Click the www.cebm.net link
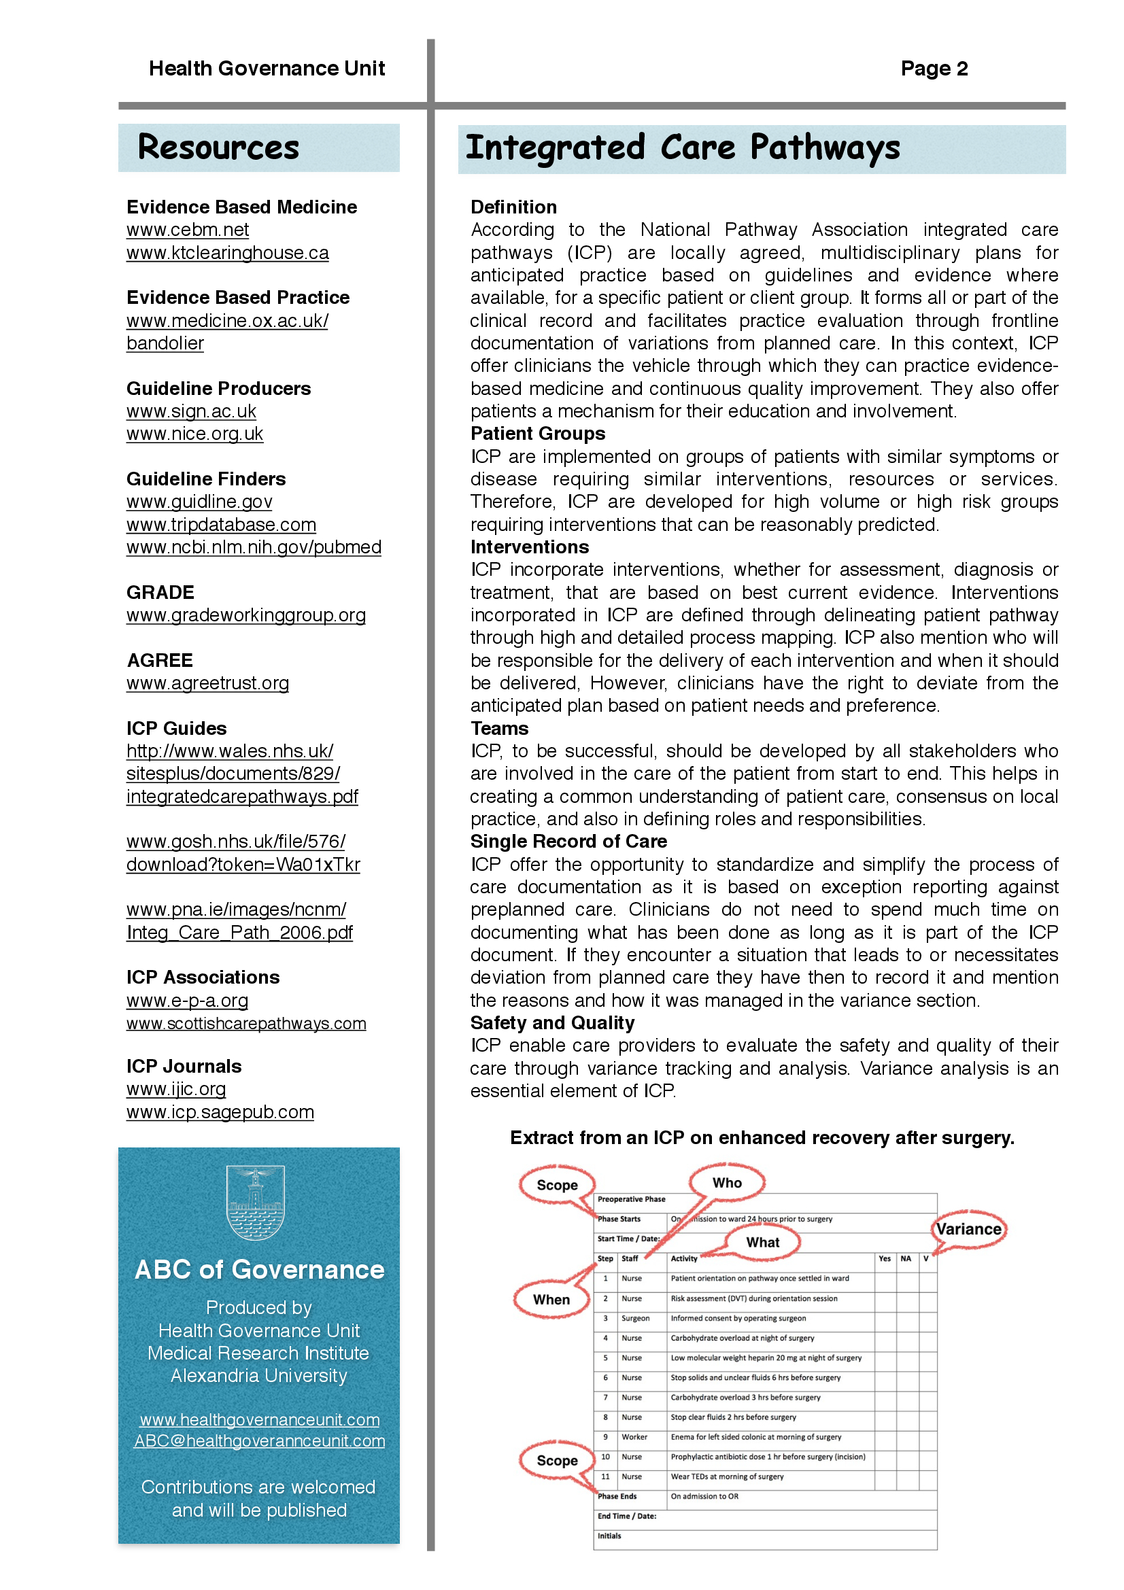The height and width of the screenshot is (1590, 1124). (187, 230)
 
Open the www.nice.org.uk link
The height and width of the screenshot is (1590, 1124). (194, 434)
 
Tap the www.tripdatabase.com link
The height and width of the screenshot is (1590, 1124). (221, 525)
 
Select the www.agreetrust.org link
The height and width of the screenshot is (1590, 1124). (208, 683)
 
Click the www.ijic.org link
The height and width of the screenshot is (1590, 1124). (176, 1089)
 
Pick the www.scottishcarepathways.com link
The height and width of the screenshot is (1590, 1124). (246, 1024)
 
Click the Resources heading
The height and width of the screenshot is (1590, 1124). (218, 148)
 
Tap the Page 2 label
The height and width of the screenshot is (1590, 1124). (934, 69)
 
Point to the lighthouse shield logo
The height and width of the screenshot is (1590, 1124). (256, 1203)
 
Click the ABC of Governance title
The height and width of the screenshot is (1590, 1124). (259, 1270)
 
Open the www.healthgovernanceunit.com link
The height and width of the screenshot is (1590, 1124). (259, 1419)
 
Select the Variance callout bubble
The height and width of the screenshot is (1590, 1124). (969, 1229)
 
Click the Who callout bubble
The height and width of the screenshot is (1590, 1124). (726, 1183)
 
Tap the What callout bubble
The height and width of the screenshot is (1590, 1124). (762, 1243)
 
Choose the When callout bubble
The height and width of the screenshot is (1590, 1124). (551, 1300)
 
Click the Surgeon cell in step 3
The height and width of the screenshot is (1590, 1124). (635, 1319)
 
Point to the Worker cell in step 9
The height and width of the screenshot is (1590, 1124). (634, 1437)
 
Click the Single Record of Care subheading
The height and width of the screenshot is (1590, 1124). (568, 842)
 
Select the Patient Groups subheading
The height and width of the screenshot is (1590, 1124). (537, 434)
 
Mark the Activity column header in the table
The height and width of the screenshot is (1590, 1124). (683, 1259)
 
